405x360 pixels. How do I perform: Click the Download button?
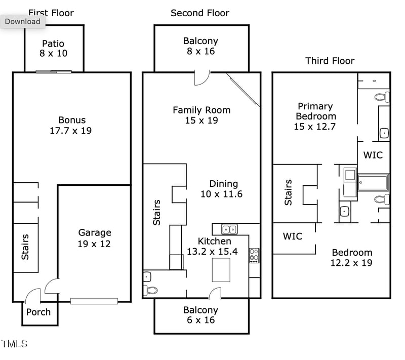[23, 21]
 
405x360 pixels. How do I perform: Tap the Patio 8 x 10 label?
[53, 48]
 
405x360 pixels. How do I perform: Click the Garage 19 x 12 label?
[95, 238]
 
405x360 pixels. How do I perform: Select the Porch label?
[38, 312]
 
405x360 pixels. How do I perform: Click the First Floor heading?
[51, 13]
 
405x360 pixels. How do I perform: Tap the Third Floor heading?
[330, 61]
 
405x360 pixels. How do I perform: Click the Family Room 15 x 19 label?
[201, 115]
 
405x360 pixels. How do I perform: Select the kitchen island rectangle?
[221, 270]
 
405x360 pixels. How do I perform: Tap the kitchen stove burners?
[254, 255]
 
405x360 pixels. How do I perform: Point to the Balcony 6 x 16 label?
[201, 314]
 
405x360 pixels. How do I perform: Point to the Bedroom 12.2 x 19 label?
[352, 257]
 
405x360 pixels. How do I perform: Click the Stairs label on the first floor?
[25, 247]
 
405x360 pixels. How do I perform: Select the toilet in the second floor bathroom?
[150, 290]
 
